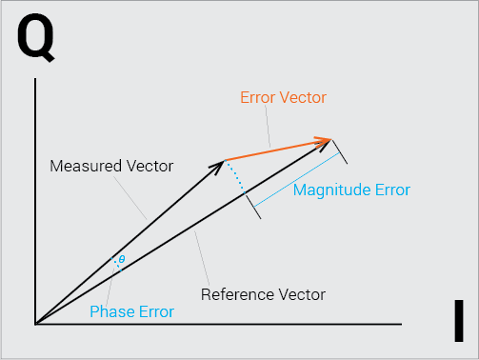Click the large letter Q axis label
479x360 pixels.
[35, 37]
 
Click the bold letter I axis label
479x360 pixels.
[459, 321]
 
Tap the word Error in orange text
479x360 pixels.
[257, 97]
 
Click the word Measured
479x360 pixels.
[86, 166]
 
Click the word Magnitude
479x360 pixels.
[331, 190]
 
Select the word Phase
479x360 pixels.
[111, 311]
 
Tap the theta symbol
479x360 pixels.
[122, 259]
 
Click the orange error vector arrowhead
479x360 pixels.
[325, 140]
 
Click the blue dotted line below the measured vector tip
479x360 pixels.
[235, 176]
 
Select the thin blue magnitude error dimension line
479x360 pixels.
[297, 180]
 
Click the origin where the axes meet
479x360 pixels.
[35, 324]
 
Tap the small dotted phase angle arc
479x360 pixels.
[116, 265]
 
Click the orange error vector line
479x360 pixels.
[278, 150]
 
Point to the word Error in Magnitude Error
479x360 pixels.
[392, 190]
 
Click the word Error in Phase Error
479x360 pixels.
[156, 311]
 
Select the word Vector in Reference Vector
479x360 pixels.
[302, 294]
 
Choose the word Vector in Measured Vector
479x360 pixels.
[150, 166]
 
